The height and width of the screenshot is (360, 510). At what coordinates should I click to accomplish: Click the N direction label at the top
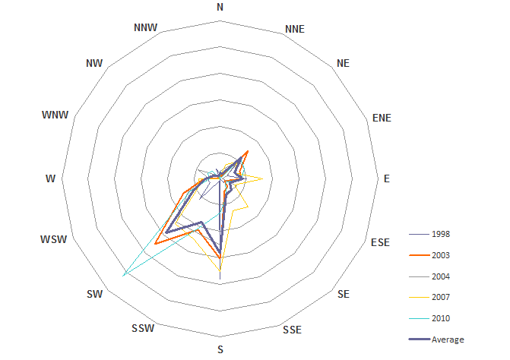click(220, 7)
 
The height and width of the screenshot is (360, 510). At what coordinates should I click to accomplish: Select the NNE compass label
click(295, 30)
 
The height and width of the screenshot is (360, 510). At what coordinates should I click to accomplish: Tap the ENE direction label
click(382, 118)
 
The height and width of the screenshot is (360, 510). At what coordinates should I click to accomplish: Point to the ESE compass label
click(380, 242)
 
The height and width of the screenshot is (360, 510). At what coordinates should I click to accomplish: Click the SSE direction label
click(292, 330)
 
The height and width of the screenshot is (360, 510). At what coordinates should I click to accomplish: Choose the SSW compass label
click(143, 329)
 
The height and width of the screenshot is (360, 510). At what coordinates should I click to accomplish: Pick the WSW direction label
click(54, 239)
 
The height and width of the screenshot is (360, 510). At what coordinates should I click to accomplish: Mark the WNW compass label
click(55, 115)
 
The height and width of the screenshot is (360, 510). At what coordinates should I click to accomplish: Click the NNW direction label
click(145, 27)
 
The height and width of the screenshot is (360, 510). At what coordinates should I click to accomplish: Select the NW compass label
click(94, 63)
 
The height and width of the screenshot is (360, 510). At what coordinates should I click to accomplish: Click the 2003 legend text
click(441, 255)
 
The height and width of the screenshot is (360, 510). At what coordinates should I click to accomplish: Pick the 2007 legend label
click(441, 297)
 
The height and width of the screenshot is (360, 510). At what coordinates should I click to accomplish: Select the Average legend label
click(448, 339)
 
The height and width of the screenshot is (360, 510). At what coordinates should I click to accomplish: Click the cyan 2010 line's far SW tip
click(123, 276)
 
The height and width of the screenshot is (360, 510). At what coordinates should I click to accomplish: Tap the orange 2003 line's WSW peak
click(156, 244)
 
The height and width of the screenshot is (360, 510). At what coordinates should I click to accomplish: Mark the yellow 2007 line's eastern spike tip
click(263, 178)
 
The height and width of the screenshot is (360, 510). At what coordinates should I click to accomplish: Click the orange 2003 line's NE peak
click(248, 151)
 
